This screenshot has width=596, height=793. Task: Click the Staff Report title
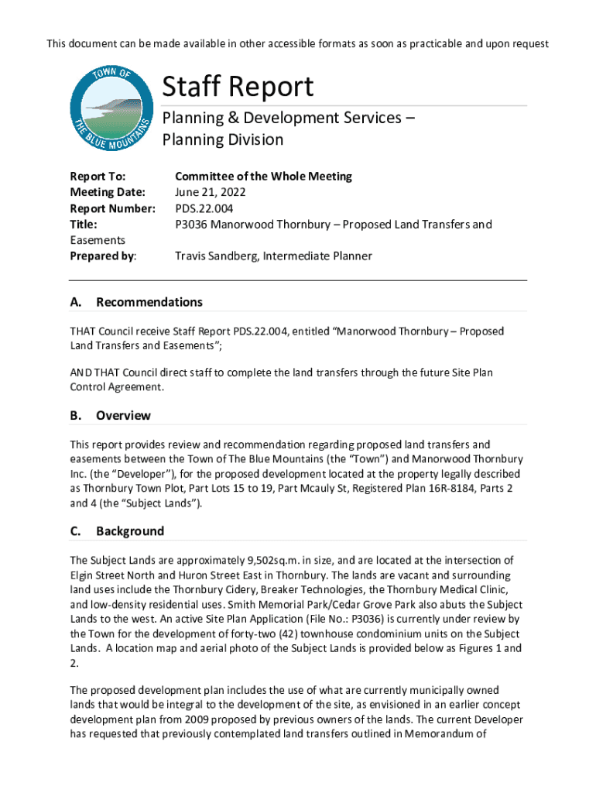238,87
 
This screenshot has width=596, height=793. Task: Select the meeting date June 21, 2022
211,192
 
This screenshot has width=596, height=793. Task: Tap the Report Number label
113,208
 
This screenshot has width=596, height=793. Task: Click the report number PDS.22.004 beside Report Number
204,208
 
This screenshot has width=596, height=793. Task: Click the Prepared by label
103,256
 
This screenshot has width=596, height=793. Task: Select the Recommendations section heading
149,302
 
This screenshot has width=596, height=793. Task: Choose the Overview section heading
123,416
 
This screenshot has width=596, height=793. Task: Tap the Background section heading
130,531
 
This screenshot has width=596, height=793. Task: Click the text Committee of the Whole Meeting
263,176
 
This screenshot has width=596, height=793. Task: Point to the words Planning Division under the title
222,140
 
